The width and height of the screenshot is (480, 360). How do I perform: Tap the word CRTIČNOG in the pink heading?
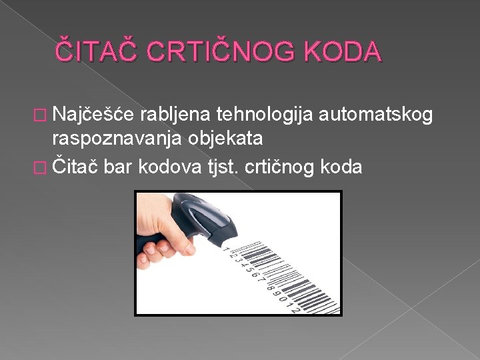[214, 51]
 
